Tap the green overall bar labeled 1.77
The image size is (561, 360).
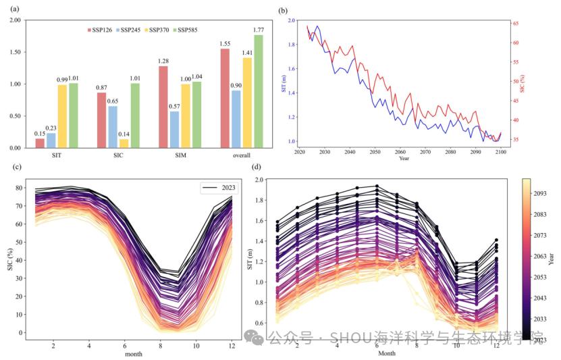coord(258,91)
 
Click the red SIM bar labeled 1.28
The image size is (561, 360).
coord(163,107)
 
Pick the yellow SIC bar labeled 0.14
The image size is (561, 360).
coord(124,143)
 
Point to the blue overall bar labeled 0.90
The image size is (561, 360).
coord(236,119)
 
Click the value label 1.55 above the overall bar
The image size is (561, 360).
coord(225,44)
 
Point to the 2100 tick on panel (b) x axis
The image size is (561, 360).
coord(500,152)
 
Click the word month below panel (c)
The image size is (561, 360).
coord(133,353)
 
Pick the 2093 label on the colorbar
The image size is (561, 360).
coord(542,192)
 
